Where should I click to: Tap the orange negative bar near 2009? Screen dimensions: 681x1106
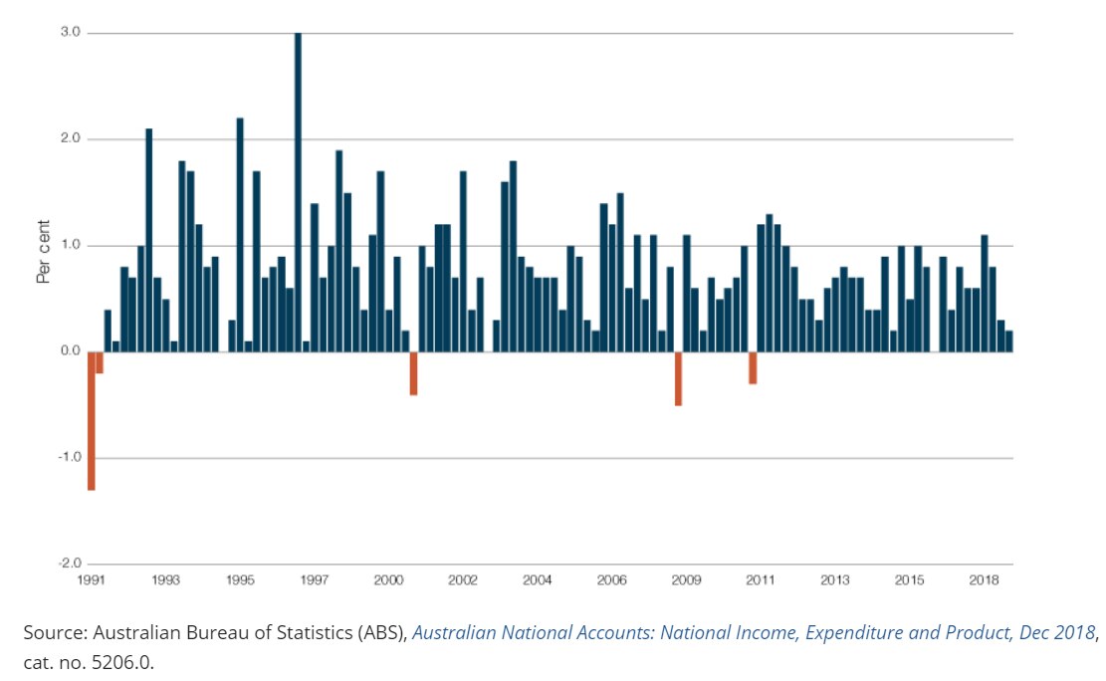tap(678, 378)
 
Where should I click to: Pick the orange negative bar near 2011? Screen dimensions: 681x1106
tap(753, 367)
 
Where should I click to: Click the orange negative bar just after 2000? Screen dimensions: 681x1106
tap(413, 373)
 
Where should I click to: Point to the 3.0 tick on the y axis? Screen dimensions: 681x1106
tap(69, 33)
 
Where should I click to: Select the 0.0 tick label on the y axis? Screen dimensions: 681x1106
tap(69, 351)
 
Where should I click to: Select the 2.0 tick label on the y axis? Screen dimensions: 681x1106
tap(69, 139)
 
